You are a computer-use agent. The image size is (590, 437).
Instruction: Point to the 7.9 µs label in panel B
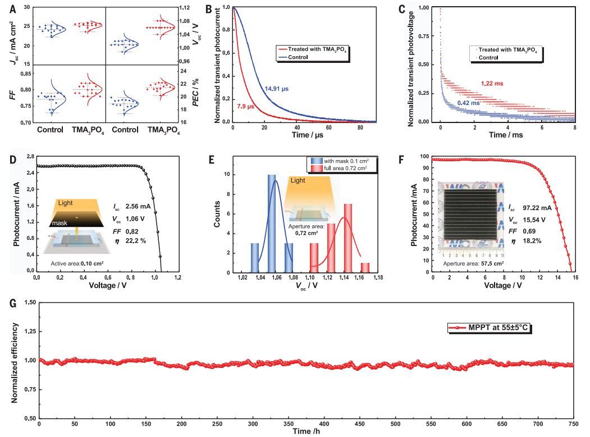coord(246,107)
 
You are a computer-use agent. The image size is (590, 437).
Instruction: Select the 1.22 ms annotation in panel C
coord(492,83)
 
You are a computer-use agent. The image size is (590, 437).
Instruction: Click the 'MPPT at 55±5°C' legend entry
coord(493,327)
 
